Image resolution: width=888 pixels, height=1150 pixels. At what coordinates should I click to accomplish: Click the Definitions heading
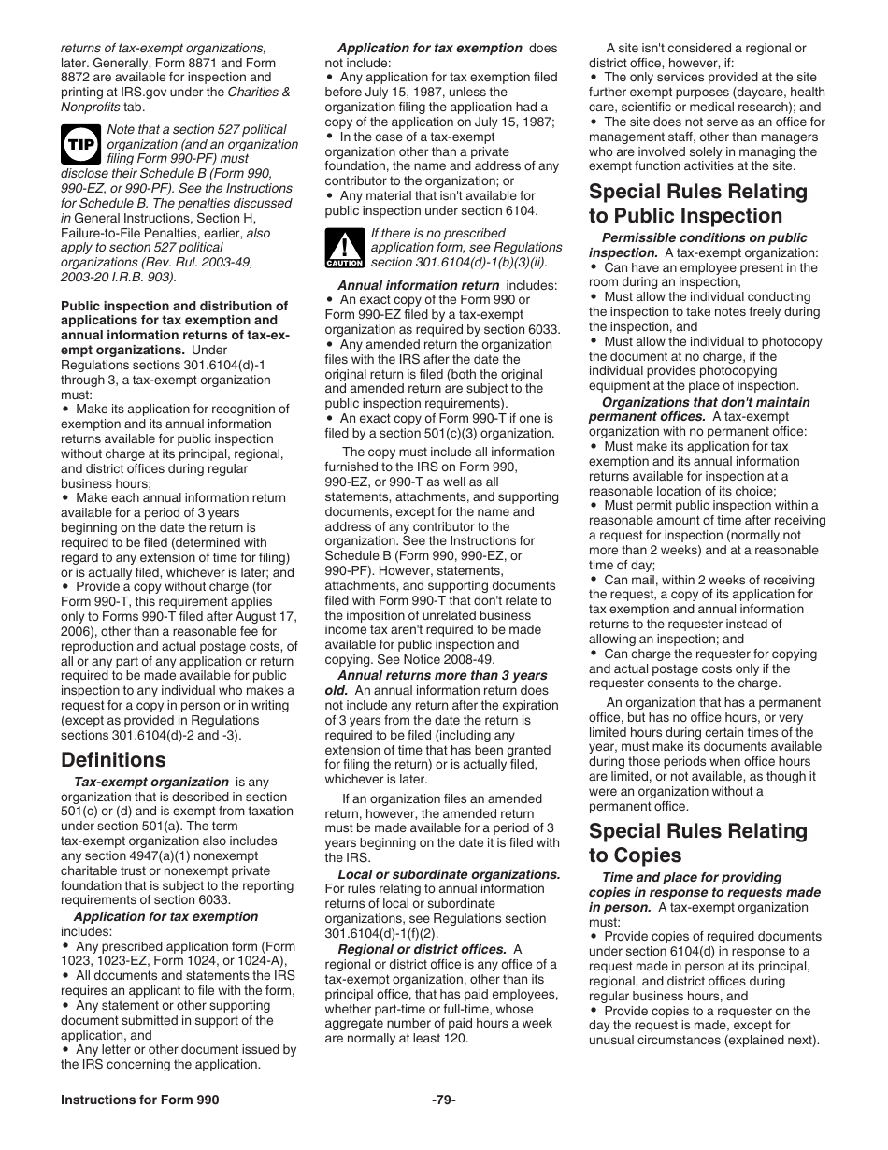tap(113, 759)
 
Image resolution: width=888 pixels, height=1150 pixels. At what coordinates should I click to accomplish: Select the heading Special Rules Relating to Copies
tap(697, 843)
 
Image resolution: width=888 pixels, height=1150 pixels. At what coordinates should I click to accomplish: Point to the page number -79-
tap(443, 1100)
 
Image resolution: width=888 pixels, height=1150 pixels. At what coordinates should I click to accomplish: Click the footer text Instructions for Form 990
tap(140, 1100)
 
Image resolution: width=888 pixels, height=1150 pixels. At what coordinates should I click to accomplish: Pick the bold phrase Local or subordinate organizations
tap(449, 874)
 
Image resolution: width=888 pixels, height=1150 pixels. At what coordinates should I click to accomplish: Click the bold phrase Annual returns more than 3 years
tap(442, 675)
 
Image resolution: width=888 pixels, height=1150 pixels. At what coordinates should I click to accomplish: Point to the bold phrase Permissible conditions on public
tap(704, 237)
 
